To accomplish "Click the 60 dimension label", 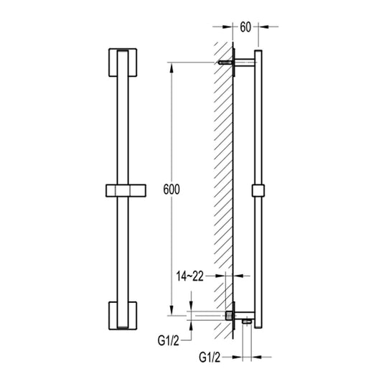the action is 245,27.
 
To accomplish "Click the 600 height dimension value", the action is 172,189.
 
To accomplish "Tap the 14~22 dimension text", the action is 189,276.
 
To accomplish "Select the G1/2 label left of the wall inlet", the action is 169,340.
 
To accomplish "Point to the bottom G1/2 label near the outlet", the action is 210,357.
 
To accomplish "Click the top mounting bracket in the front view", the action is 123,62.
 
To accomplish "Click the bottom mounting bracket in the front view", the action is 123,316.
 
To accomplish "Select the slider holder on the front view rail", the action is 126,190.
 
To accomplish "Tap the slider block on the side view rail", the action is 258,190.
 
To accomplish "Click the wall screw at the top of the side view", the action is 226,62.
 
